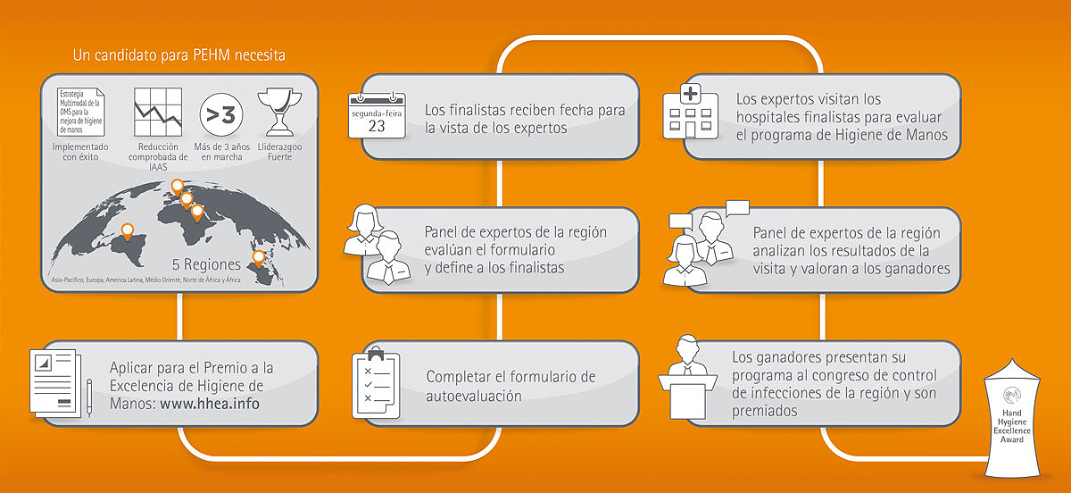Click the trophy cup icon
(x=279, y=112)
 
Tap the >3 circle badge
(x=221, y=115)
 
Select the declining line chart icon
(x=158, y=112)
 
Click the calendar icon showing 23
(x=377, y=116)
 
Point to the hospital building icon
(x=691, y=112)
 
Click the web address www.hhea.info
(x=210, y=404)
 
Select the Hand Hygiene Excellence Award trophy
(x=1012, y=419)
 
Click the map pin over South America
(x=127, y=231)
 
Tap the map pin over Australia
(x=259, y=258)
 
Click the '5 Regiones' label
(x=206, y=264)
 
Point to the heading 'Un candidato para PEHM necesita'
(x=178, y=55)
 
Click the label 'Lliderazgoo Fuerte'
(x=279, y=152)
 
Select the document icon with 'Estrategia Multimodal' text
(x=81, y=112)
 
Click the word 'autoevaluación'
(x=473, y=396)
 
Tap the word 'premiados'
(x=765, y=411)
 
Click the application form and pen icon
(x=61, y=383)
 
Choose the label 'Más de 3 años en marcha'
(x=222, y=152)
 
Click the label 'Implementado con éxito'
(x=80, y=152)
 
